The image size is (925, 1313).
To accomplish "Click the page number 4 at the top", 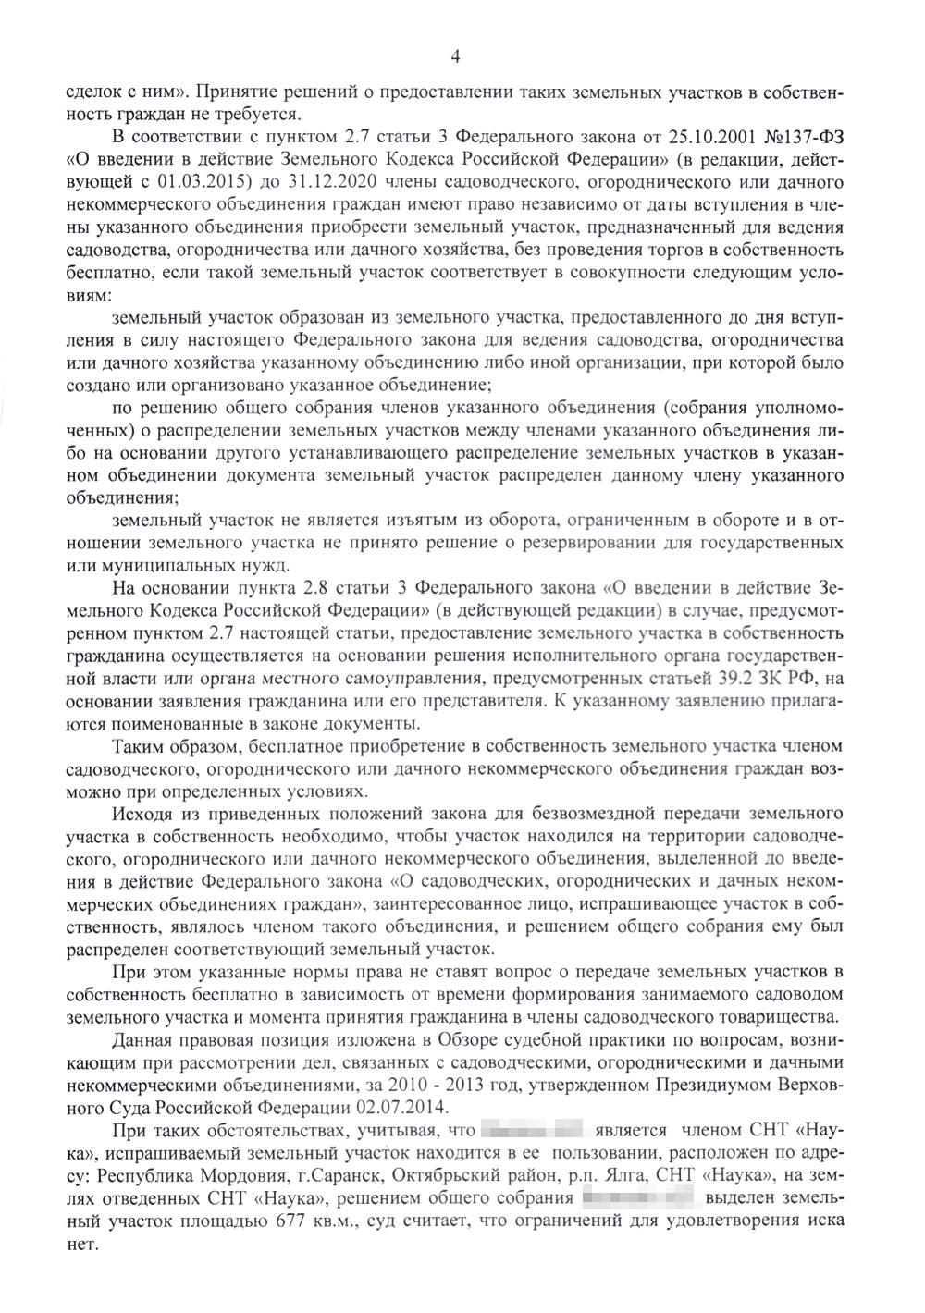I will [x=454, y=57].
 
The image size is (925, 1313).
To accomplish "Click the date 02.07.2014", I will [x=403, y=1107].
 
